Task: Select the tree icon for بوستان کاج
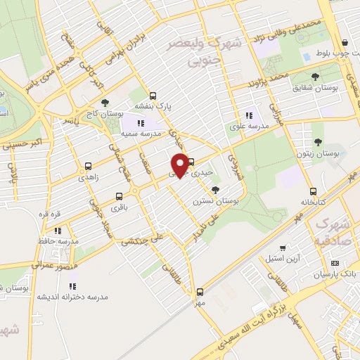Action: (x=105, y=103)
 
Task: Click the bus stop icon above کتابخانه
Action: (x=312, y=191)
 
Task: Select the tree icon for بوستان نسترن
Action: (x=214, y=190)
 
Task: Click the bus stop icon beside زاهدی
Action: (x=88, y=167)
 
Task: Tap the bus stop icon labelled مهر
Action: (x=200, y=291)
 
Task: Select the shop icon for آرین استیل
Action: (x=282, y=248)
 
